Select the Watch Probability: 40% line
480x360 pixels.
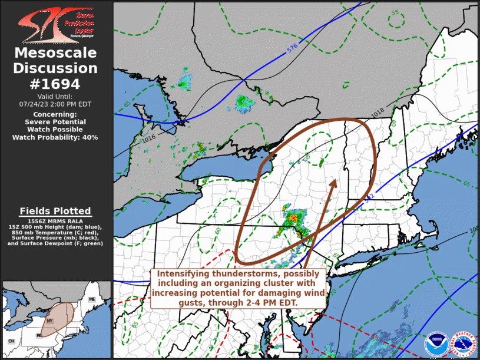point(55,137)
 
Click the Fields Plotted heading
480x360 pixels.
point(55,211)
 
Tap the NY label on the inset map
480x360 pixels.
point(50,321)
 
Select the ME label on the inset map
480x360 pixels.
point(92,300)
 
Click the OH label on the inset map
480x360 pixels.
point(11,341)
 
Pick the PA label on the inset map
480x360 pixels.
point(39,336)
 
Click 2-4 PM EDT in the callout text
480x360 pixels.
point(271,302)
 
